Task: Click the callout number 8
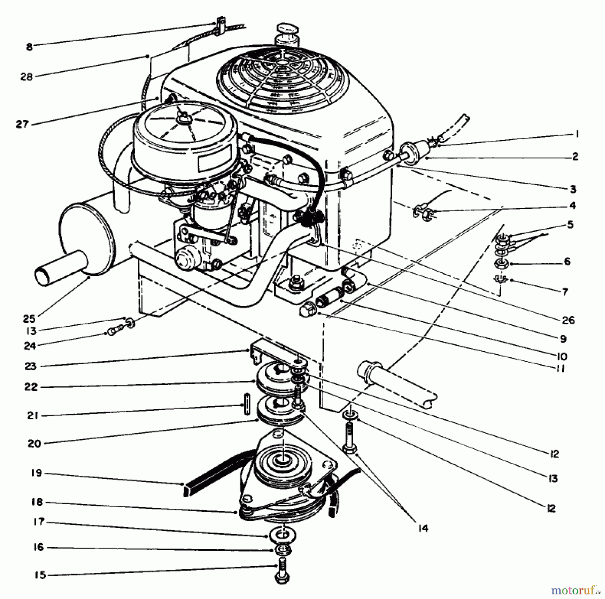29,47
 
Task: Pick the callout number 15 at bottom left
39,575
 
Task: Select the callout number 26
568,320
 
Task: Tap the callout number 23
30,366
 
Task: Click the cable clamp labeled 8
220,26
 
